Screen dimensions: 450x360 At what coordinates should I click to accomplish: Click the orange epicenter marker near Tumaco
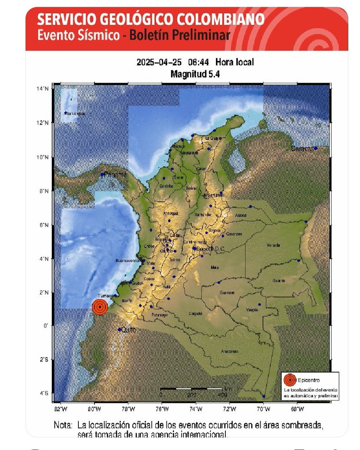[x=100, y=307]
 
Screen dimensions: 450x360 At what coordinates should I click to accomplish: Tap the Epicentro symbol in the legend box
[x=289, y=380]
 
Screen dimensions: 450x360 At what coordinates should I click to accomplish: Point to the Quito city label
[x=128, y=330]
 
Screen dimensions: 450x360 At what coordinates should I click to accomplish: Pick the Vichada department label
[x=273, y=245]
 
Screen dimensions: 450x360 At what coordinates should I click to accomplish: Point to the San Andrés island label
[x=75, y=114]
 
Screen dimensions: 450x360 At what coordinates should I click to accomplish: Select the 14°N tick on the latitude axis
[x=45, y=88]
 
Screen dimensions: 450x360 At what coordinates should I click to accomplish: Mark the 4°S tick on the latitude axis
[x=45, y=393]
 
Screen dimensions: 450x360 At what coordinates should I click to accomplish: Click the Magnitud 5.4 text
[x=195, y=74]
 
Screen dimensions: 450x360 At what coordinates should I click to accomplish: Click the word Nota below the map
[x=63, y=426]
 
